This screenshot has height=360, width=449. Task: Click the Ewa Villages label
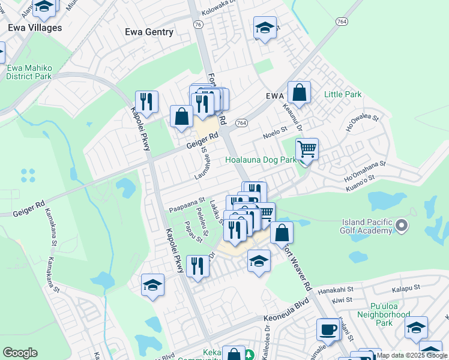[35, 28]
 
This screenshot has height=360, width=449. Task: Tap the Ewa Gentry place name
[149, 32]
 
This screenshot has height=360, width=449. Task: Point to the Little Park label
[343, 94]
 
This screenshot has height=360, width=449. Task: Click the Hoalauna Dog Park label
[261, 160]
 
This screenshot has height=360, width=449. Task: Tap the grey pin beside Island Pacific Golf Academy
[402, 226]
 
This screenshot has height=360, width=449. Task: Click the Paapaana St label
[187, 206]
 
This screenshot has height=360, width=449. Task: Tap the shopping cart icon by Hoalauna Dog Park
[307, 148]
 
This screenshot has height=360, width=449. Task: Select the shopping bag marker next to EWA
[299, 92]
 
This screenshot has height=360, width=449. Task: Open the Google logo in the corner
[20, 353]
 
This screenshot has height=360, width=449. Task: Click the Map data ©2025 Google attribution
[412, 355]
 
